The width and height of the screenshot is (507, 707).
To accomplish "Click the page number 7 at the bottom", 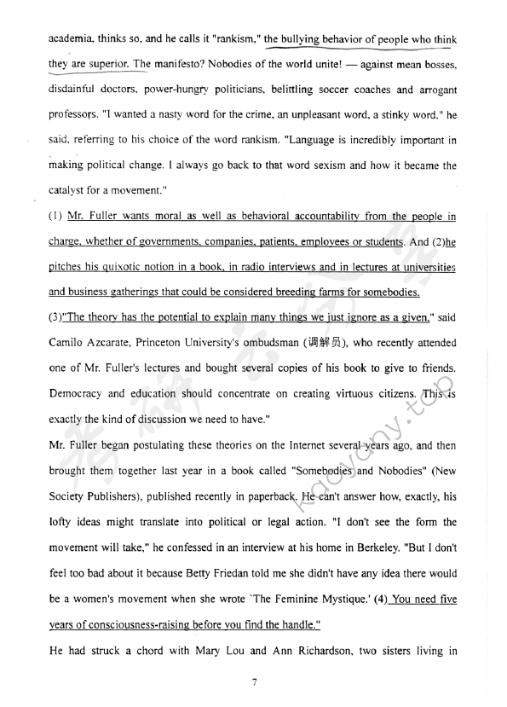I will (254, 681).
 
